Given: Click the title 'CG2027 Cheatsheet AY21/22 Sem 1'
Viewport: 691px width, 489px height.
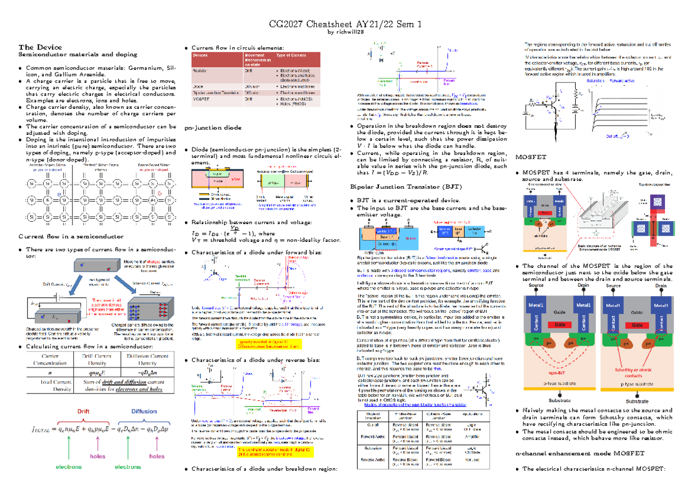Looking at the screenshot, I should [345, 24].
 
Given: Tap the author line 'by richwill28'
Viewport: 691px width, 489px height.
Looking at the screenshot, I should [345, 33].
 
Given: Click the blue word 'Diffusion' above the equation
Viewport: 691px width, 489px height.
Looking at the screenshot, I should [143, 411].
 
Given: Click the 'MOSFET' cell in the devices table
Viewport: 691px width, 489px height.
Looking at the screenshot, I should [200, 98].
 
